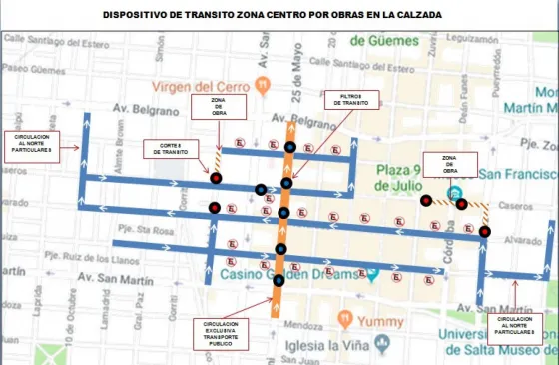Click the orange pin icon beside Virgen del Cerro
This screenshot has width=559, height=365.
(x=262, y=83)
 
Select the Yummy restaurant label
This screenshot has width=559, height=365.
(x=381, y=323)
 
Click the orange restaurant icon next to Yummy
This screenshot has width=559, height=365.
(x=345, y=320)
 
